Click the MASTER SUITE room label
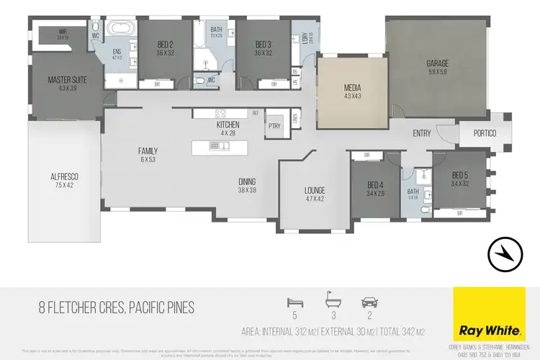click(67, 79)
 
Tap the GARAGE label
click(438, 63)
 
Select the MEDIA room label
click(352, 88)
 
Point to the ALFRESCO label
click(65, 176)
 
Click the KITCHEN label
click(228, 125)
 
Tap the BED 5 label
click(461, 176)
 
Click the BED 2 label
click(166, 45)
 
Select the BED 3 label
click(263, 45)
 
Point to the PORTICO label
click(484, 133)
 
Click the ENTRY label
click(421, 133)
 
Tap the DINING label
click(246, 181)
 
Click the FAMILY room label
click(148, 151)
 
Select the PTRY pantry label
click(274, 125)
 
